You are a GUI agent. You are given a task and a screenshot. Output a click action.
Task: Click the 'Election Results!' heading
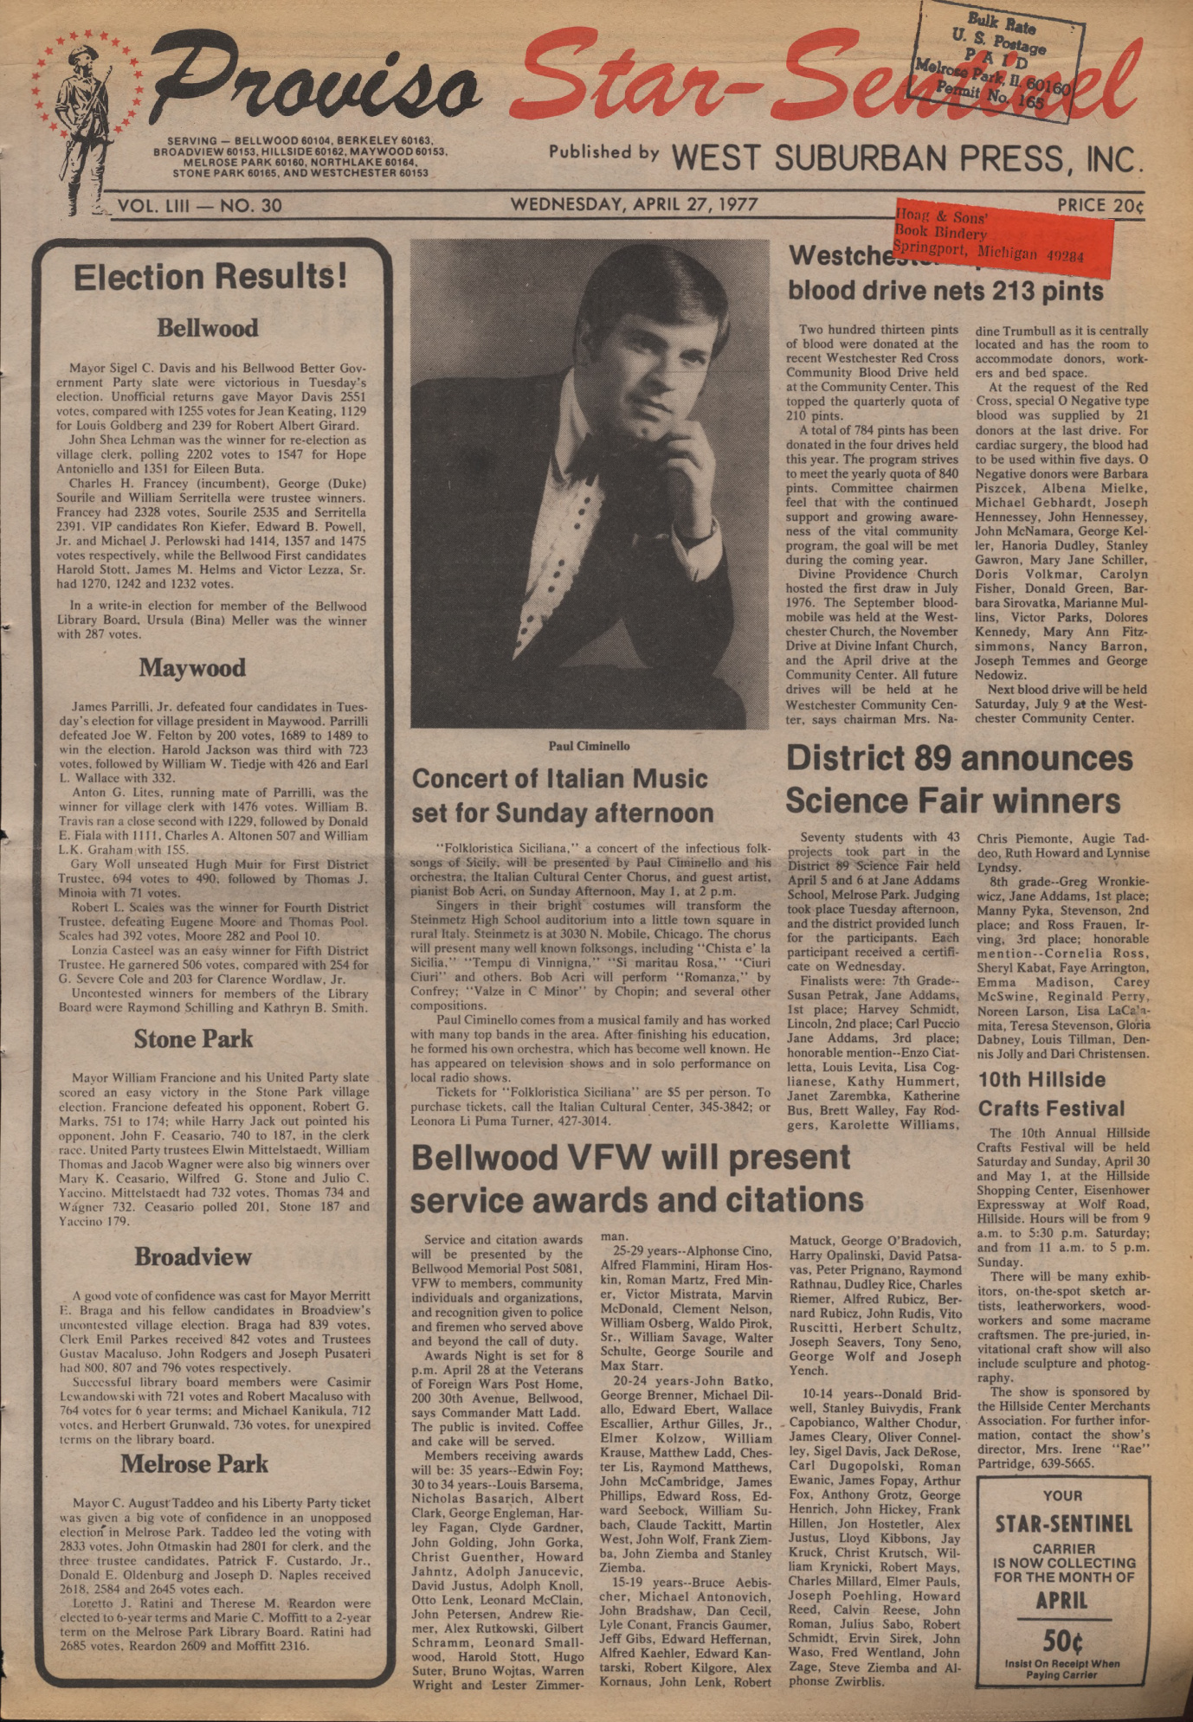[210, 278]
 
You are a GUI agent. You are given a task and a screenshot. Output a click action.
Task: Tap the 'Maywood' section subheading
[192, 668]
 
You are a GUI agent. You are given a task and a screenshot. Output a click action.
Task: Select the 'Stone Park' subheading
[193, 1038]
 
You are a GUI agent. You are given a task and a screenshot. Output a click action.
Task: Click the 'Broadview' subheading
[193, 1256]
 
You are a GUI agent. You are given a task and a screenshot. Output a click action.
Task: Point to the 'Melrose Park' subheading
[194, 1464]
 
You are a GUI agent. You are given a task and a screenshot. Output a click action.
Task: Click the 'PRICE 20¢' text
[1099, 205]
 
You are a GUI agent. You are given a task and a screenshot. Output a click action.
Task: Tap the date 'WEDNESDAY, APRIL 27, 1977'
[635, 205]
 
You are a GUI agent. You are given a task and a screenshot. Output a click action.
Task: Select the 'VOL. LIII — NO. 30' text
[199, 206]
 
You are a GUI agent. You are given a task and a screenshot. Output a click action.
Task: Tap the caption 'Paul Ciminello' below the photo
[589, 746]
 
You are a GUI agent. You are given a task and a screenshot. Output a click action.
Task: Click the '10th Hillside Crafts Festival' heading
[1050, 1095]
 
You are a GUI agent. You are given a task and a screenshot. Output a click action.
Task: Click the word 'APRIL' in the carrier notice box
[1061, 1600]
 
